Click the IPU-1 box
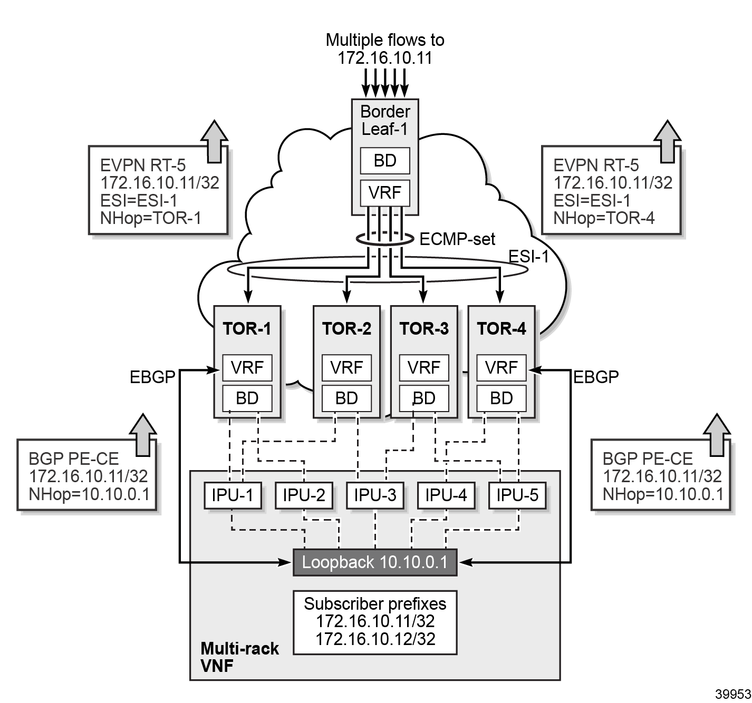point(233,495)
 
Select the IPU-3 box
point(375,495)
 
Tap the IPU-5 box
point(517,495)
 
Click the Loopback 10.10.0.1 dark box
point(375,562)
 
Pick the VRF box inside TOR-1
point(247,367)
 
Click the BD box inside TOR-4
point(501,398)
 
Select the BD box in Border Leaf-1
point(385,161)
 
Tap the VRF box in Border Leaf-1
point(385,193)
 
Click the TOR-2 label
point(346,329)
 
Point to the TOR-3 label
point(424,329)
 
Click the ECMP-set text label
point(457,239)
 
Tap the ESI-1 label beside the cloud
point(528,257)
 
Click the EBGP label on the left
point(152,377)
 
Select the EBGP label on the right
point(596,377)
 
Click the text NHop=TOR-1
point(151,218)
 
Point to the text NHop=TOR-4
point(604,218)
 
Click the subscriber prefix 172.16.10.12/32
point(375,639)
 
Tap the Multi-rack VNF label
point(239,657)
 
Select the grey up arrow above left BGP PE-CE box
point(143,434)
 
